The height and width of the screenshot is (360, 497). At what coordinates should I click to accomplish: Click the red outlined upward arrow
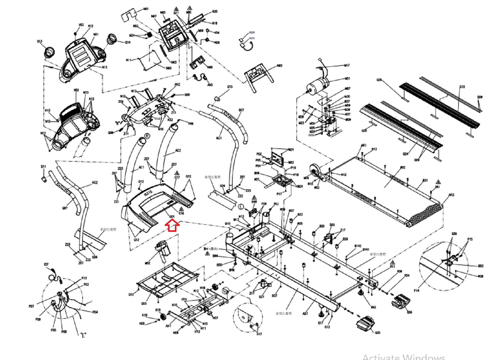(172, 225)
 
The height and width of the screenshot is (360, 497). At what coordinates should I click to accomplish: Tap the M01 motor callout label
(347, 79)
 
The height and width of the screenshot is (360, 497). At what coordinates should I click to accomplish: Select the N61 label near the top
(146, 9)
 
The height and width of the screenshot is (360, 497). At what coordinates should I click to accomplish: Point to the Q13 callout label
(39, 41)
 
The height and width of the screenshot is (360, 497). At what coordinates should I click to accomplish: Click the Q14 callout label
(128, 43)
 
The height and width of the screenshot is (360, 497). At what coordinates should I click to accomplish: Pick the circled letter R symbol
(147, 136)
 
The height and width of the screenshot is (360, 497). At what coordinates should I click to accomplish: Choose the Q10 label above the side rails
(462, 87)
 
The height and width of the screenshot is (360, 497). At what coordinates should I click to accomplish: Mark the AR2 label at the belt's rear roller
(451, 195)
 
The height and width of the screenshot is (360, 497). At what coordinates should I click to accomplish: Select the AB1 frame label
(305, 313)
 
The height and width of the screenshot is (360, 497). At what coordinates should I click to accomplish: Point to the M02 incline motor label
(148, 263)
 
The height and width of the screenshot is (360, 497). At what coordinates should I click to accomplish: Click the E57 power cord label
(46, 264)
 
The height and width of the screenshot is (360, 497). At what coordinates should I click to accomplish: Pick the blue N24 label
(252, 32)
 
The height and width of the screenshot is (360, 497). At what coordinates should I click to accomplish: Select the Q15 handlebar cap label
(230, 87)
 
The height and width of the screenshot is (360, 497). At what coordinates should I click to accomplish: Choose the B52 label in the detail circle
(481, 266)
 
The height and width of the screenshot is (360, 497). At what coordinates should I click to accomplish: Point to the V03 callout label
(81, 25)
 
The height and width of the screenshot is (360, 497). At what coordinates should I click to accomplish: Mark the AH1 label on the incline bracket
(168, 326)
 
